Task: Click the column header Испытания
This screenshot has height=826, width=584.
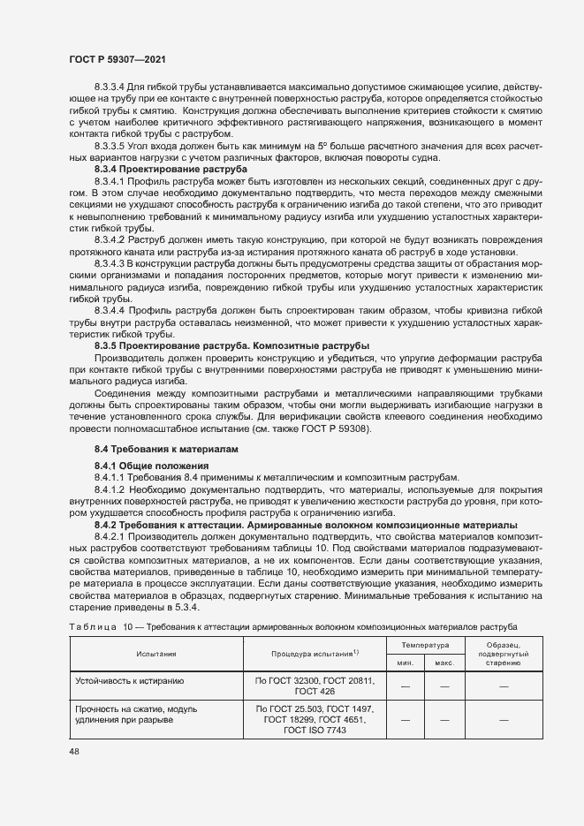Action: tap(155, 654)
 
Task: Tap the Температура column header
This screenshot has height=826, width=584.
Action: tap(424, 646)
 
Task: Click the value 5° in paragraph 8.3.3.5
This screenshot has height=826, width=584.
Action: tap(323, 144)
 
